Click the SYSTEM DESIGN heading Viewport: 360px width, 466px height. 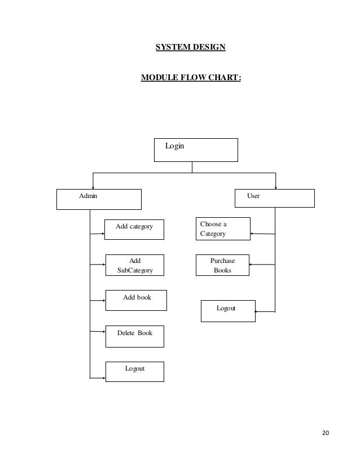190,47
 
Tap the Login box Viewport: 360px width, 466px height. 196,150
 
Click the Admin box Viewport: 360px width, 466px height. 99,199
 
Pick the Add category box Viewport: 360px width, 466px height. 135,229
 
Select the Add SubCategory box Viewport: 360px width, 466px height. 135,265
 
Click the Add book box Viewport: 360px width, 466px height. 137,300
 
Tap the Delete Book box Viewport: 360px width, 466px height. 135,336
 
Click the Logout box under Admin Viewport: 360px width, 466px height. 135,371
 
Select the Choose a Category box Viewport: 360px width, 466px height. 223,228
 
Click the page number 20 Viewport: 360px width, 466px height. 326,433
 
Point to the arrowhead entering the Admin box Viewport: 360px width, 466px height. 93,187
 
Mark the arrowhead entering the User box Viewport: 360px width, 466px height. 275,187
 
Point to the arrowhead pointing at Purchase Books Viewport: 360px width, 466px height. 252,265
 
